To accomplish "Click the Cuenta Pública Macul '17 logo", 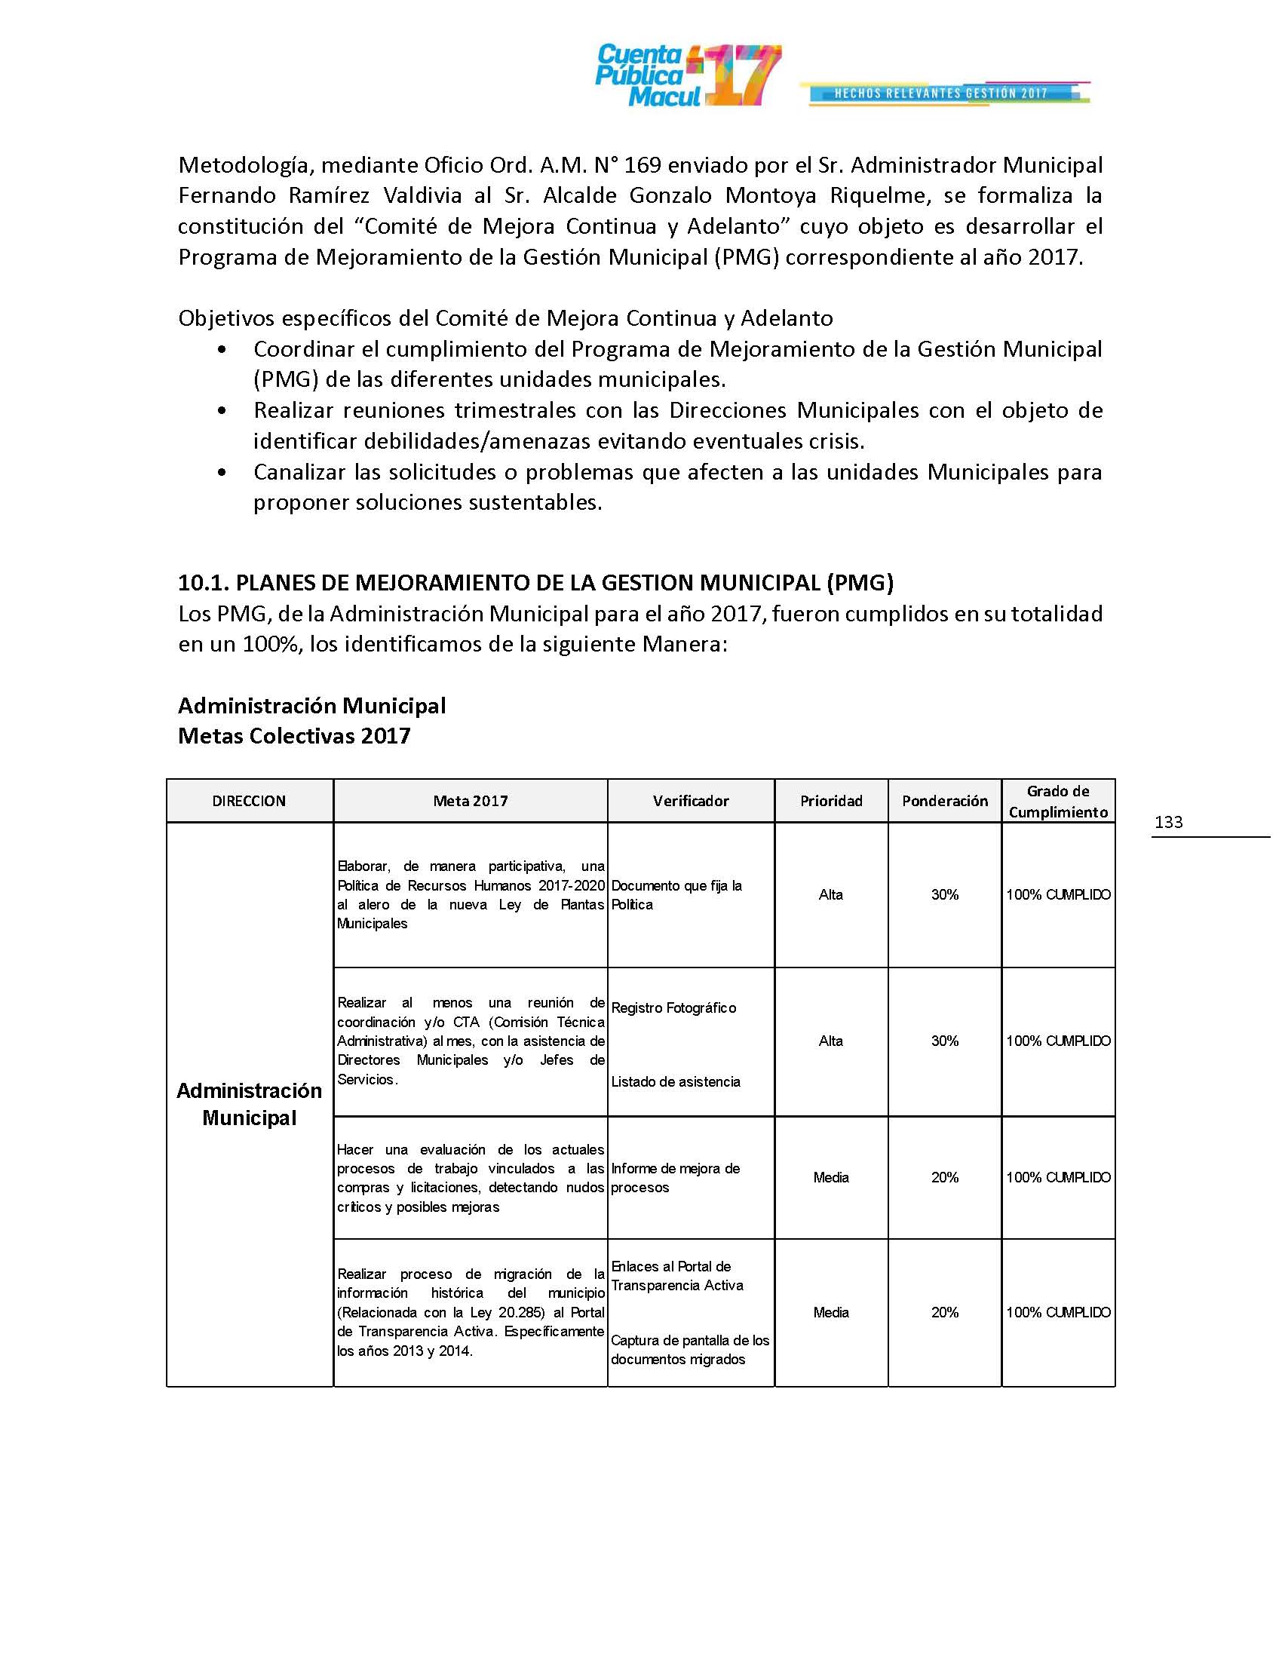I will pos(687,75).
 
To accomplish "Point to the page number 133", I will pos(1168,822).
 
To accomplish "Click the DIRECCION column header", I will pos(249,801).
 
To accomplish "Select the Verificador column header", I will pos(690,801).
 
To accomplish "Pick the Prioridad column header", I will pos(831,801).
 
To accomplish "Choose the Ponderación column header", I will pos(945,801).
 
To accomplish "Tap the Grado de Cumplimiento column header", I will pos(1058,802).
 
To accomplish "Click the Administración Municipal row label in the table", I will pos(249,1104).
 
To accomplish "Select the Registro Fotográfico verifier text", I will pos(673,1008).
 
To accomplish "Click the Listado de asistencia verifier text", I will pos(675,1081).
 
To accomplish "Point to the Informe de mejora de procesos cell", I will pos(675,1177).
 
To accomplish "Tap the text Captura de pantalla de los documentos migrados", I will pos(689,1350).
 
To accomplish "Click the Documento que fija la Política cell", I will pos(676,895).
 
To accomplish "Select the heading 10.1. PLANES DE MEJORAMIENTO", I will pos(535,583).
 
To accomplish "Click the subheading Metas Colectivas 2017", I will pos(294,736).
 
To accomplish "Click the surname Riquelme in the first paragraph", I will pos(879,195).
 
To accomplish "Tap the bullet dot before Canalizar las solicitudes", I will pos(221,473).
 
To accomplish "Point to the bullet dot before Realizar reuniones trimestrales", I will pos(221,411).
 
